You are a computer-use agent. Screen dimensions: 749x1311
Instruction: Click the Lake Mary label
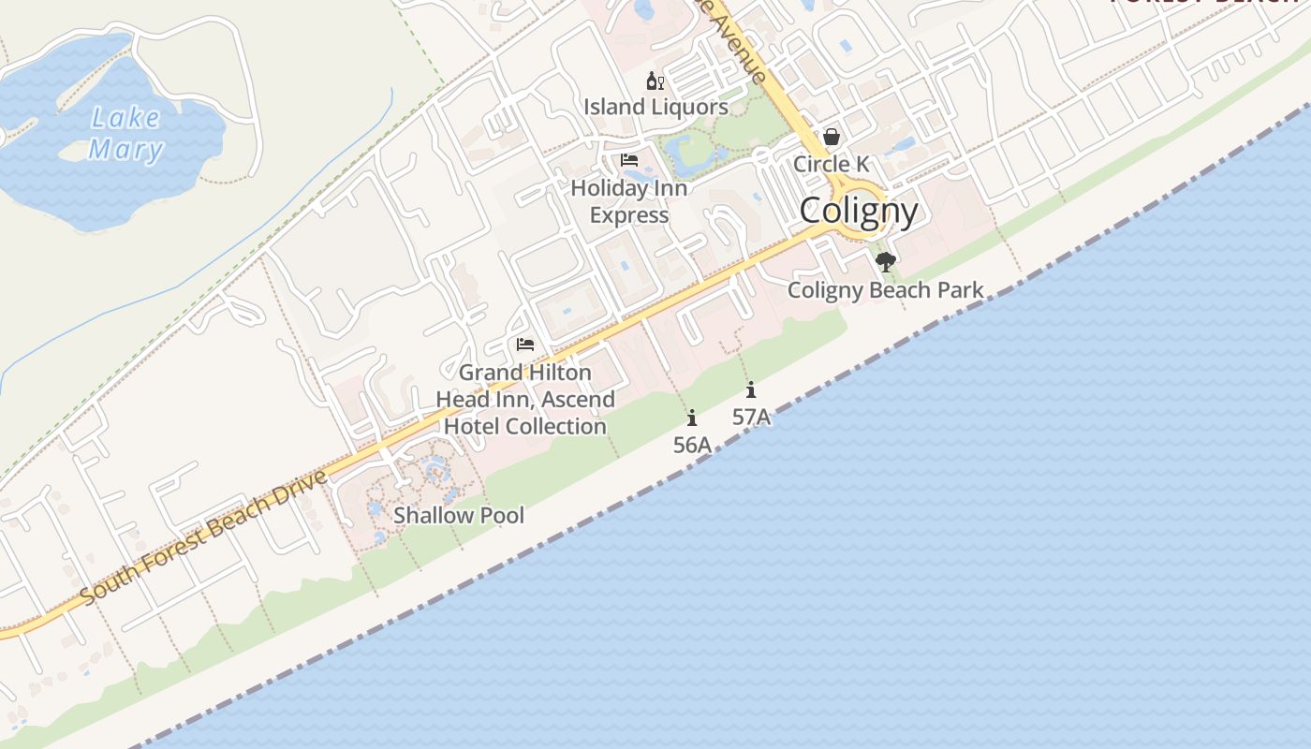click(125, 133)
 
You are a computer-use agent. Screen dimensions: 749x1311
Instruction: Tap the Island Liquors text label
click(655, 107)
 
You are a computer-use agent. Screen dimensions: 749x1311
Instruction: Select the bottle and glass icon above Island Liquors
click(655, 81)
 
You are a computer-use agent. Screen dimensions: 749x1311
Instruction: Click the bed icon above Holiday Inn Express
click(629, 160)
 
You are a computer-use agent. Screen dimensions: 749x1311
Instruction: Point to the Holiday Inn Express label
click(629, 201)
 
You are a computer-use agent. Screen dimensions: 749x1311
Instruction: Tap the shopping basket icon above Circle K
click(831, 138)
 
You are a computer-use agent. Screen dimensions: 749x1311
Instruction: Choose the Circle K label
click(831, 164)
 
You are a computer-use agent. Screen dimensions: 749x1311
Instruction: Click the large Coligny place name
click(859, 211)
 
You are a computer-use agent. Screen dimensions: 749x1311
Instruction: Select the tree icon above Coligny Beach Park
click(885, 262)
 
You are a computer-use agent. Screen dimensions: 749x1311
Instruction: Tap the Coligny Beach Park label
click(885, 289)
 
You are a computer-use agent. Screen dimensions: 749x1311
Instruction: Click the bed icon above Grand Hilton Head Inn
click(525, 345)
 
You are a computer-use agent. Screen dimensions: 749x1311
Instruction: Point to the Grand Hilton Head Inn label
click(525, 399)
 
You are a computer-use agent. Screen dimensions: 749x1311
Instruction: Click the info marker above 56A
click(692, 418)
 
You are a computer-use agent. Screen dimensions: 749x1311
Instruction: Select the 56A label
click(692, 445)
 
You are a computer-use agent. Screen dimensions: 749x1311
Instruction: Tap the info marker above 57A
click(751, 390)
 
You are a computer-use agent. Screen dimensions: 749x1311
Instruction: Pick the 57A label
click(751, 417)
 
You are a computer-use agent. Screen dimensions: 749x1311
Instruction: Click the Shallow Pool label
click(459, 515)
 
